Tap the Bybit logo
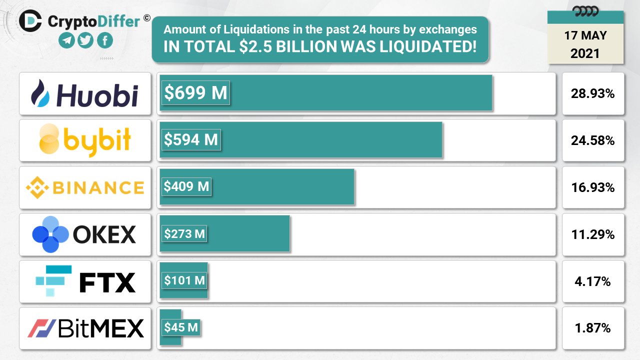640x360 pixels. click(85, 140)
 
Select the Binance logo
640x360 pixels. click(85, 187)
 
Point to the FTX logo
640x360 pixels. click(85, 281)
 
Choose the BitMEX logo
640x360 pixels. click(85, 328)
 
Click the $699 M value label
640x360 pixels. click(195, 92)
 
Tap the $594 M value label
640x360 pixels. click(191, 139)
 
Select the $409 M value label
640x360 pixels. click(186, 186)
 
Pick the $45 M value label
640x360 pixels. click(181, 327)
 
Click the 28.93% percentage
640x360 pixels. click(593, 93)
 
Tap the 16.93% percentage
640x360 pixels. click(593, 187)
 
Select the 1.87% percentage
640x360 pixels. click(593, 328)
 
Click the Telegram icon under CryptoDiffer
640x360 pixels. click(66, 40)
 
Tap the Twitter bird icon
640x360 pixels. click(86, 40)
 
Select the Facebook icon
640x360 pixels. click(105, 40)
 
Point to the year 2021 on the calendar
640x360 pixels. click(585, 53)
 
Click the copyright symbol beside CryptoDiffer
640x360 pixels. click(146, 18)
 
